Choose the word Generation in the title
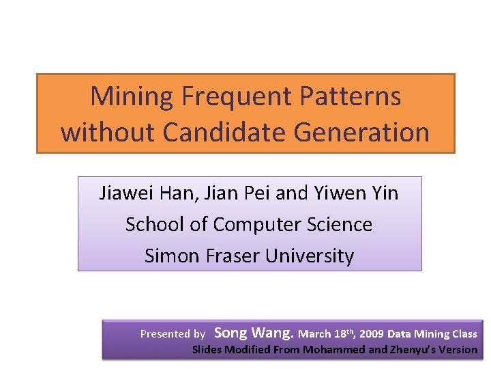point(361,132)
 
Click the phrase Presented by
point(173,334)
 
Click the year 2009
point(372,334)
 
